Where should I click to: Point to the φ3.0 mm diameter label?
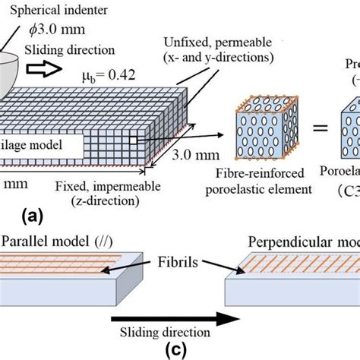[x=56, y=32]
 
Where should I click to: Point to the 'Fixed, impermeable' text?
[x=111, y=185]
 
